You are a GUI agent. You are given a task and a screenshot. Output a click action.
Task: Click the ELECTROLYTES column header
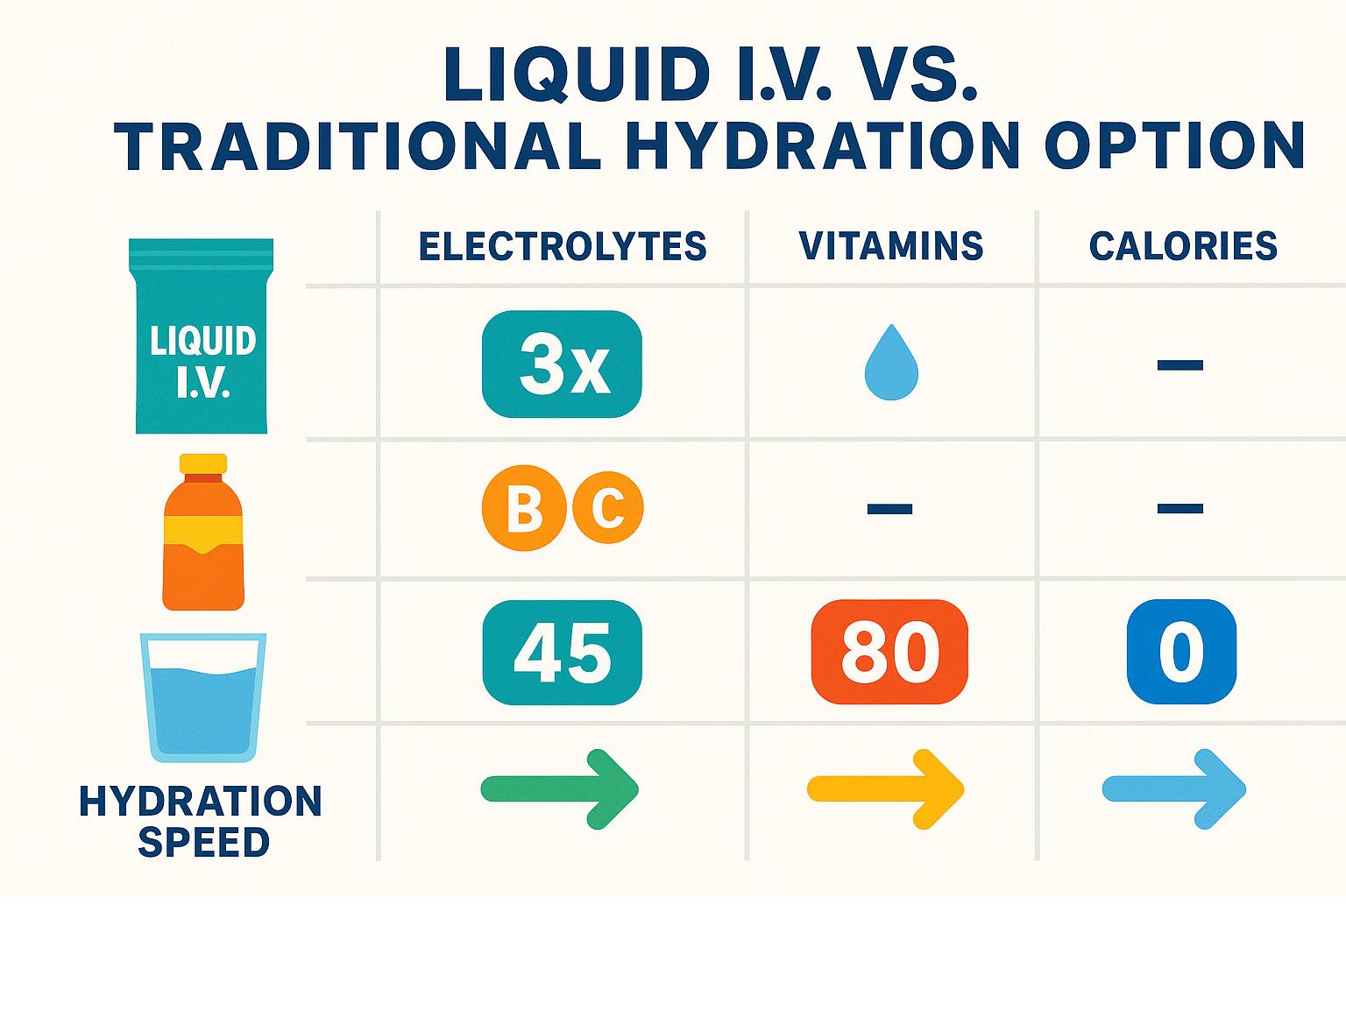(x=563, y=246)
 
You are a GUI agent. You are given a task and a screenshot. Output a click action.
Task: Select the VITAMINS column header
(x=891, y=246)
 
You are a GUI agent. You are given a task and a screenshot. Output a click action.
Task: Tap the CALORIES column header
(x=1183, y=246)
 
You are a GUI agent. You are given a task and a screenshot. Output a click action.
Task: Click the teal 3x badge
(x=562, y=364)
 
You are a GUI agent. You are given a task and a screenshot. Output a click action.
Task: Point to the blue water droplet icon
(x=891, y=364)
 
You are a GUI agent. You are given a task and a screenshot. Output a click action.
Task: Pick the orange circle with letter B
(x=523, y=508)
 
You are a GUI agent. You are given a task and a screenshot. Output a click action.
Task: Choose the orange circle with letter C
(x=608, y=508)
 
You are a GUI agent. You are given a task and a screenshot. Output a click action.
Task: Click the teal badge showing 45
(x=562, y=653)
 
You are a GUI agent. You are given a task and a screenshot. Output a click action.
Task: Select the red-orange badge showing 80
(x=889, y=652)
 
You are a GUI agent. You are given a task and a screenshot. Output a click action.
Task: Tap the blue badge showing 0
(x=1181, y=652)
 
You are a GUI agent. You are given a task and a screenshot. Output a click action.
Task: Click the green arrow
(x=561, y=789)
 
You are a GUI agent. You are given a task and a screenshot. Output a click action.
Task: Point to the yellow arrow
(x=886, y=789)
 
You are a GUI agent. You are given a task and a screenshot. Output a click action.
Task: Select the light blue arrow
(x=1174, y=789)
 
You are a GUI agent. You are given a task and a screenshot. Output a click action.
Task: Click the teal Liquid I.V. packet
(x=202, y=337)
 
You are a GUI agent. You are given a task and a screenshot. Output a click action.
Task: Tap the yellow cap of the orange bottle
(x=203, y=463)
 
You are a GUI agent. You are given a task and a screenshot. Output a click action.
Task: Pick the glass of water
(x=203, y=697)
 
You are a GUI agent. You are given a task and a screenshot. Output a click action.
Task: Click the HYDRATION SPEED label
(x=202, y=821)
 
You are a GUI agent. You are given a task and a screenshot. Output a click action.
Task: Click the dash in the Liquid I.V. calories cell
(x=1180, y=365)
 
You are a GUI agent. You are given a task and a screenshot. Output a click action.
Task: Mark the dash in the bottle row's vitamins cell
(x=889, y=508)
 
